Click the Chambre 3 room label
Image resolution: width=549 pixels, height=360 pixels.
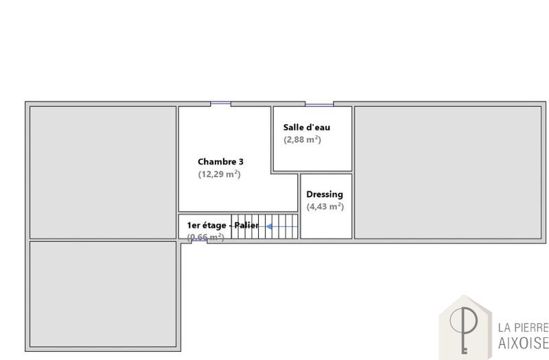coord(220,162)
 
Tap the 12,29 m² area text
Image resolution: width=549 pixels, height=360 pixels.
coord(219,174)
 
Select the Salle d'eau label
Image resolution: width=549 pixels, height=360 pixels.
coord(306,128)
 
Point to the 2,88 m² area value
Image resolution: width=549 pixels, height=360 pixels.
coord(303,140)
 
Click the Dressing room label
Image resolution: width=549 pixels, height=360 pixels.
coord(325,195)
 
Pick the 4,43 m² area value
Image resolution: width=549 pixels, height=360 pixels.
coord(325,206)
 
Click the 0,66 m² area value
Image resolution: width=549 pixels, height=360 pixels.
coord(206,237)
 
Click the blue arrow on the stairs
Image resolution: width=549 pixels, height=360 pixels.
coord(277,226)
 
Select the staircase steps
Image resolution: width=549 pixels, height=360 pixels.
coord(264,227)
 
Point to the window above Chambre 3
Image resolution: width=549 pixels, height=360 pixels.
coord(220,104)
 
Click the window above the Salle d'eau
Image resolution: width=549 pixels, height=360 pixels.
coord(318,104)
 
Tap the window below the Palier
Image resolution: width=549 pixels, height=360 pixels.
coord(199,240)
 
